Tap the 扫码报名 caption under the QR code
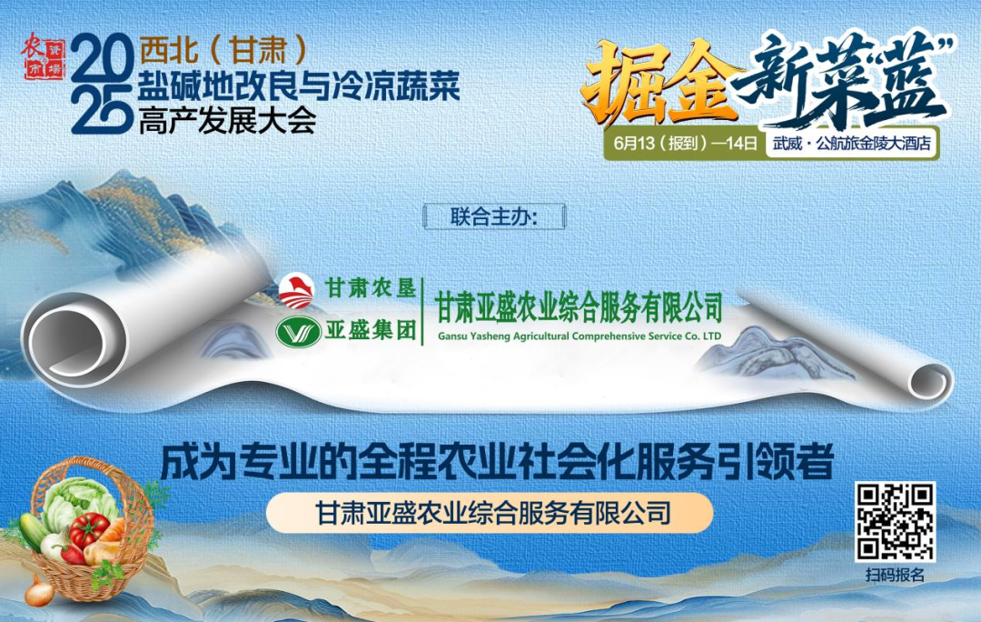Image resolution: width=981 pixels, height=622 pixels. click(895, 575)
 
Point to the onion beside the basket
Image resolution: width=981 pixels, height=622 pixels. click(38, 593)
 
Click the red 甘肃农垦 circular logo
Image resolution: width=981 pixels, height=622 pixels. click(298, 290)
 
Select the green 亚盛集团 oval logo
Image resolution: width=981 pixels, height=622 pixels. click(298, 332)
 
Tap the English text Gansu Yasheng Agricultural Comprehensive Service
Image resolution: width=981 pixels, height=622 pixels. click(579, 336)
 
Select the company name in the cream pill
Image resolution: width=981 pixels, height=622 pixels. click(490, 513)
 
